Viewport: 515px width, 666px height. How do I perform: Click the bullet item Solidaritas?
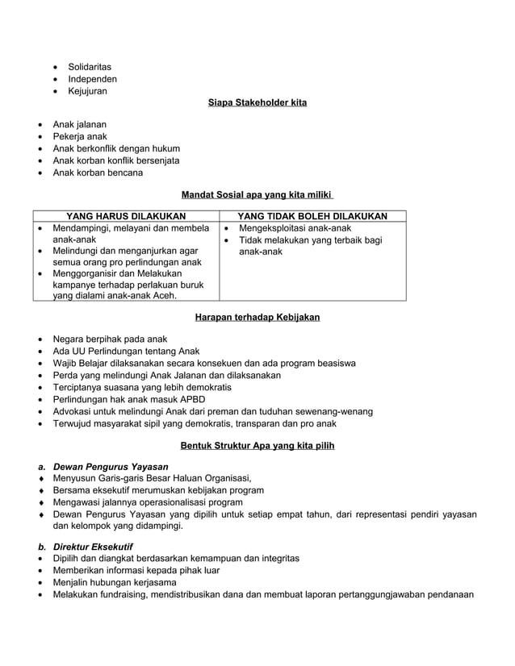coord(89,67)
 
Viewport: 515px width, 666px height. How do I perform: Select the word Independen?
coord(92,79)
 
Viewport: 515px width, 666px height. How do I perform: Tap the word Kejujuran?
coord(87,91)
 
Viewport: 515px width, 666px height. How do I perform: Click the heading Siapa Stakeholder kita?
coord(257,103)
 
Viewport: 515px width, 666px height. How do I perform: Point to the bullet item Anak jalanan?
coord(79,125)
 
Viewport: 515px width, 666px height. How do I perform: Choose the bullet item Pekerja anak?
coord(80,137)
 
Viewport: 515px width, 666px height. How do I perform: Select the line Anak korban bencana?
coord(98,173)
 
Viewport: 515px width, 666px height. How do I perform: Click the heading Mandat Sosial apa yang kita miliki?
coord(257,194)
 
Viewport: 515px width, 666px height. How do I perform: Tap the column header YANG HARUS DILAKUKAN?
coord(126,216)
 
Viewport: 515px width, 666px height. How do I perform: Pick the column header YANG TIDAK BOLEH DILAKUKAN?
coord(312,216)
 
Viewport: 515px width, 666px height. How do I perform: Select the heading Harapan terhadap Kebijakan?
coord(257,318)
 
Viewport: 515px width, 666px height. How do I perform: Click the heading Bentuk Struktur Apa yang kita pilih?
coord(257,445)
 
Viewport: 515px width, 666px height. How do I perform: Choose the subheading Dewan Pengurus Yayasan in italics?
coord(111,467)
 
